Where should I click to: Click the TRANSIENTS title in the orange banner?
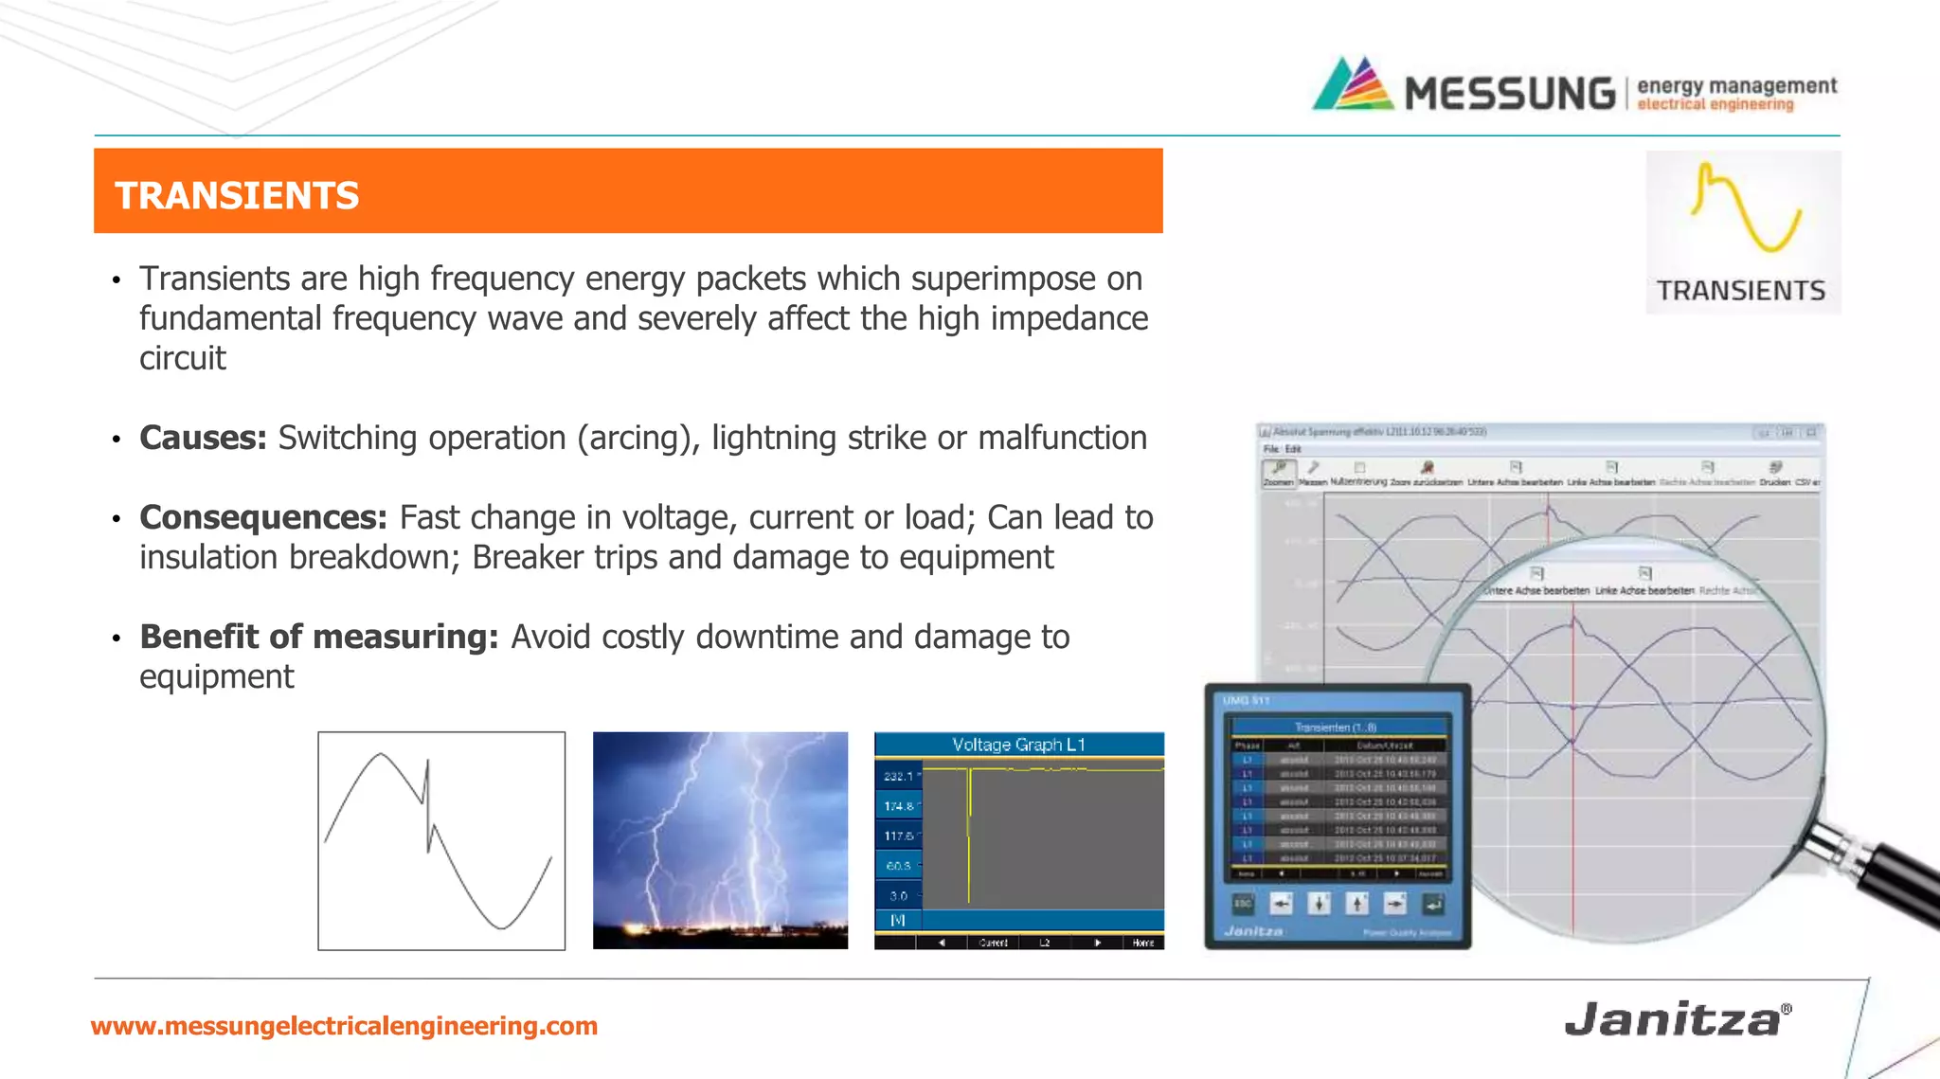coord(237,196)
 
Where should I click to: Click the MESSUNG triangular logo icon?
coord(1354,85)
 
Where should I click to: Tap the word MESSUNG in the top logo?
coord(1509,94)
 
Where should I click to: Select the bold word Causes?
coord(203,438)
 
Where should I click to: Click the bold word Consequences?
coord(263,517)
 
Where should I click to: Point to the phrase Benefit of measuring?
coord(318,637)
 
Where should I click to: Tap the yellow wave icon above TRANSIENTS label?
coord(1745,209)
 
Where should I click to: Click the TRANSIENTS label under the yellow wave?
coord(1741,290)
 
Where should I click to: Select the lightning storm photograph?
coord(720,840)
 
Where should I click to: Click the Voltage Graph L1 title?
coord(1018,745)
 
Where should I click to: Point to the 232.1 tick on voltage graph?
coord(899,776)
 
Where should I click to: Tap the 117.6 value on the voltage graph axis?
coord(899,836)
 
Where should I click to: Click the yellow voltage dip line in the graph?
coord(969,834)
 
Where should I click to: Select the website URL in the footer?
coord(344,1026)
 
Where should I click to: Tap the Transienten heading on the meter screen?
coord(1335,728)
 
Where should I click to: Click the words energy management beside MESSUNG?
coord(1736,85)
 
